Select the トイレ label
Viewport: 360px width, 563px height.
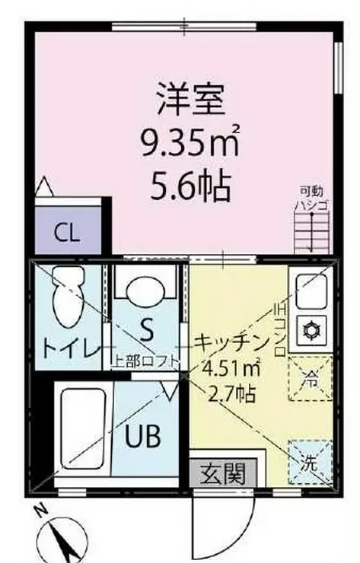(x=69, y=349)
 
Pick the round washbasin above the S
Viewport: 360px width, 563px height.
(x=144, y=291)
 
